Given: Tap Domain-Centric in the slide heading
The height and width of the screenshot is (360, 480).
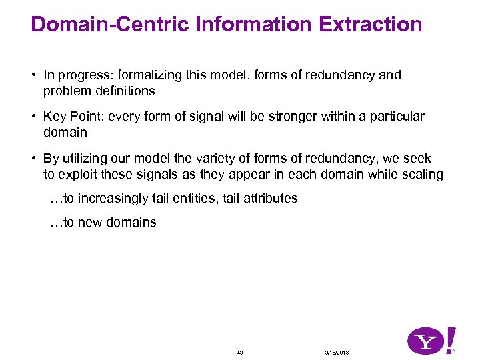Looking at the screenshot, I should [x=111, y=25].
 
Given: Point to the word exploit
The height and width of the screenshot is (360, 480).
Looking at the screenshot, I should [x=81, y=174].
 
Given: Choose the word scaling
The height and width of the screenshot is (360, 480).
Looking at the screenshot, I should [x=419, y=174].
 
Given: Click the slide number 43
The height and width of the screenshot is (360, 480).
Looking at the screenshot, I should [x=240, y=352].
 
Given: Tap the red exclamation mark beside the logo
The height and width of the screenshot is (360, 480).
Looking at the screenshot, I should [x=451, y=339].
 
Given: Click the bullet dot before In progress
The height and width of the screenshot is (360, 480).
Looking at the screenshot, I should [x=33, y=75].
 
